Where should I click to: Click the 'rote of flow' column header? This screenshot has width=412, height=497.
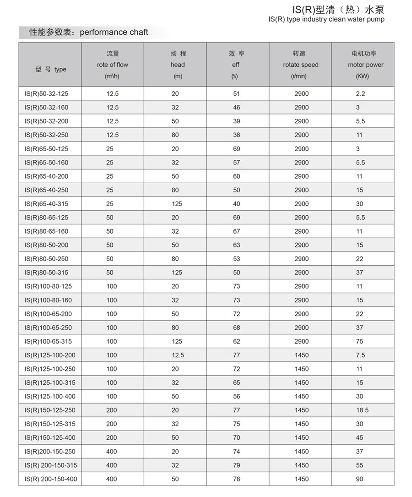pyautogui.click(x=113, y=65)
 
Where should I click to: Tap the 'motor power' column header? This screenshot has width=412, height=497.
pyautogui.click(x=365, y=65)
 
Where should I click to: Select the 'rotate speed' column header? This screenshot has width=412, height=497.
pyautogui.click(x=300, y=65)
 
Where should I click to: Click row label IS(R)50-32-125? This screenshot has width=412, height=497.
pyautogui.click(x=46, y=94)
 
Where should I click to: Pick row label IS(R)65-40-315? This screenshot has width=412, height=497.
pyautogui.click(x=46, y=204)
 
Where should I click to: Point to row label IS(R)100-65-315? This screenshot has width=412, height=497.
pyautogui.click(x=48, y=341)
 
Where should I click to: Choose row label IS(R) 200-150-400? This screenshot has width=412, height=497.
pyautogui.click(x=51, y=479)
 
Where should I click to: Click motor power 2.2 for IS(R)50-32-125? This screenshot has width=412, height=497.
pyautogui.click(x=360, y=94)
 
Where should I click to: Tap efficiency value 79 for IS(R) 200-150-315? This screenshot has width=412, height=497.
pyautogui.click(x=236, y=465)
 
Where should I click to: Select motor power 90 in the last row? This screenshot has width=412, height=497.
pyautogui.click(x=359, y=479)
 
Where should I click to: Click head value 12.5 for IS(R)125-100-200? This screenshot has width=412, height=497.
pyautogui.click(x=178, y=355)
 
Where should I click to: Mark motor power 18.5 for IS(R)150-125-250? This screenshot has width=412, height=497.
pyautogui.click(x=362, y=410)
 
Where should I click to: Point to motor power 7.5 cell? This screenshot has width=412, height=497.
pyautogui.click(x=360, y=355)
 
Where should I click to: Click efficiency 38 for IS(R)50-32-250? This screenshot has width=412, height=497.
pyautogui.click(x=236, y=135)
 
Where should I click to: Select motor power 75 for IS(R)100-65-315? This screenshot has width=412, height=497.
pyautogui.click(x=359, y=341)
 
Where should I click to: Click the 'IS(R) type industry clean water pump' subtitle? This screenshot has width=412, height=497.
pyautogui.click(x=326, y=19)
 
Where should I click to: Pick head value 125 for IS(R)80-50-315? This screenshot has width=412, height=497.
pyautogui.click(x=177, y=273)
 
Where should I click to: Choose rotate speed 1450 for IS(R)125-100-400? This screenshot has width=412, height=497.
pyautogui.click(x=302, y=396)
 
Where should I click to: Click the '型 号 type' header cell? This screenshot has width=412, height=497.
pyautogui.click(x=50, y=70)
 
